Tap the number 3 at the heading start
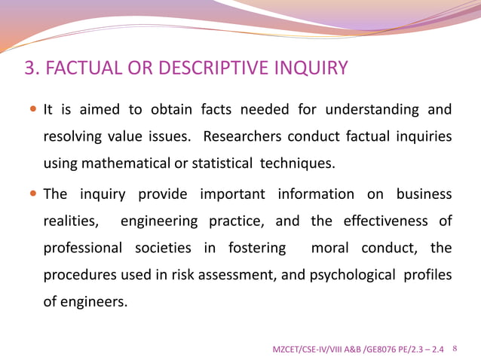(x=31, y=69)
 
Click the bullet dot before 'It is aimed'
(x=33, y=110)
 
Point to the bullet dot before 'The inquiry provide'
(x=33, y=194)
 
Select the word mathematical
(x=127, y=163)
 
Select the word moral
(x=329, y=248)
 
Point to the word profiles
(x=427, y=274)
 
